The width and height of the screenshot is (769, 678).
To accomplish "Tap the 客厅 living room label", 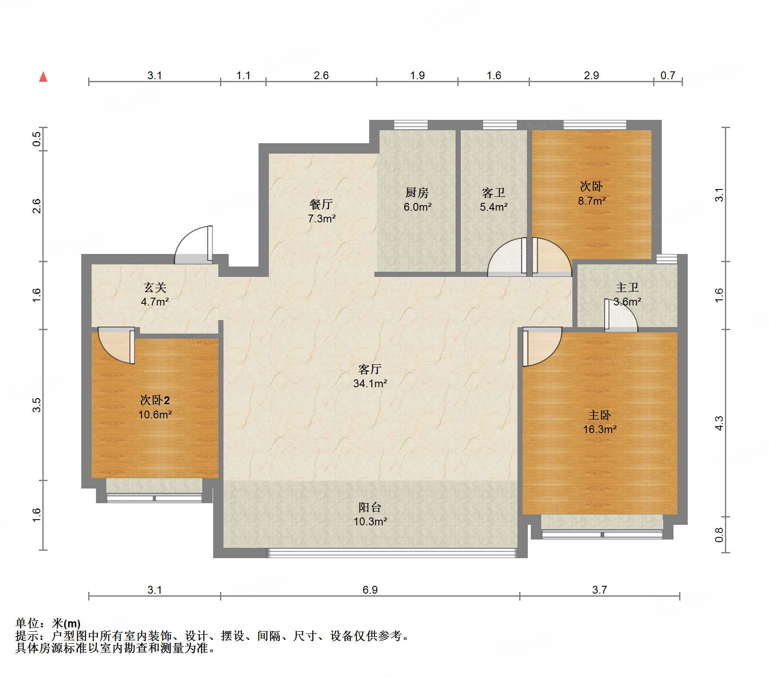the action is pos(370,369).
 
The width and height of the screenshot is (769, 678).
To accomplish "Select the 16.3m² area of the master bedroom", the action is pos(600,429).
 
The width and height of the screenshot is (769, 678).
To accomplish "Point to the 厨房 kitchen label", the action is pos(417,193).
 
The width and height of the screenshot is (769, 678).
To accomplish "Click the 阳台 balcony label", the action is pos(370,507).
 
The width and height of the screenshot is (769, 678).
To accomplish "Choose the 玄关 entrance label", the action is pos(155,287).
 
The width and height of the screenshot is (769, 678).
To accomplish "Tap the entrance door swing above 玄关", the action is pos(193,245).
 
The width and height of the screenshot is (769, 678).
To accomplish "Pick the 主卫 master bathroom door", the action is pos(621,315).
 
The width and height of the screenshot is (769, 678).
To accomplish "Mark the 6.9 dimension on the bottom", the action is pos(370,590).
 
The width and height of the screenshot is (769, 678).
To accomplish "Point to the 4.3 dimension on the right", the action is pos(719,423).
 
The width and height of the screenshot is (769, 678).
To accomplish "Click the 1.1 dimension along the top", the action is pos(243,75).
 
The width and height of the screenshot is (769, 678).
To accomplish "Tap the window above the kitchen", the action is pos(411,125).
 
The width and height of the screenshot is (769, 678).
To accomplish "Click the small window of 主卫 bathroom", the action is pos(667,259).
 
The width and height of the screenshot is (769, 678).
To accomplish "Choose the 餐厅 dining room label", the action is pos(321,204).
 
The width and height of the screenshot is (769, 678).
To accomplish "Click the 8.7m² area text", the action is pos(592,201).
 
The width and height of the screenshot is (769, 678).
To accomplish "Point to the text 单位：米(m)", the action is pos(48,623).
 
